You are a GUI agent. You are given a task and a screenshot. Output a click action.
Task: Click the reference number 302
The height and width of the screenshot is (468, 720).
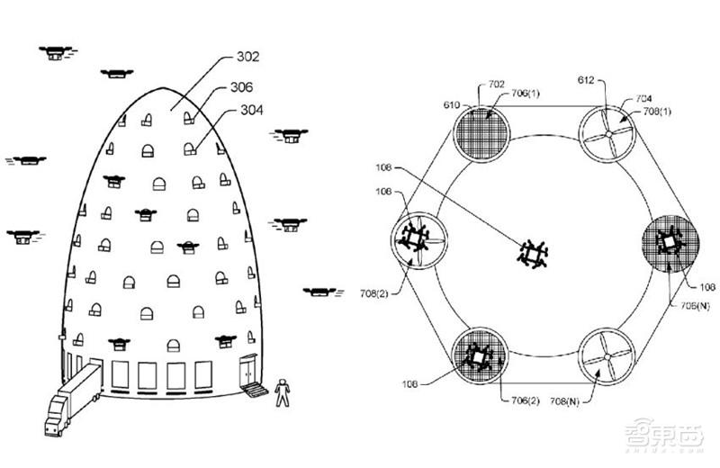click(x=248, y=57)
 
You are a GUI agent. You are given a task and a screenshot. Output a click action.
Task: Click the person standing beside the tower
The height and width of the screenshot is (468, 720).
click(x=284, y=390)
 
